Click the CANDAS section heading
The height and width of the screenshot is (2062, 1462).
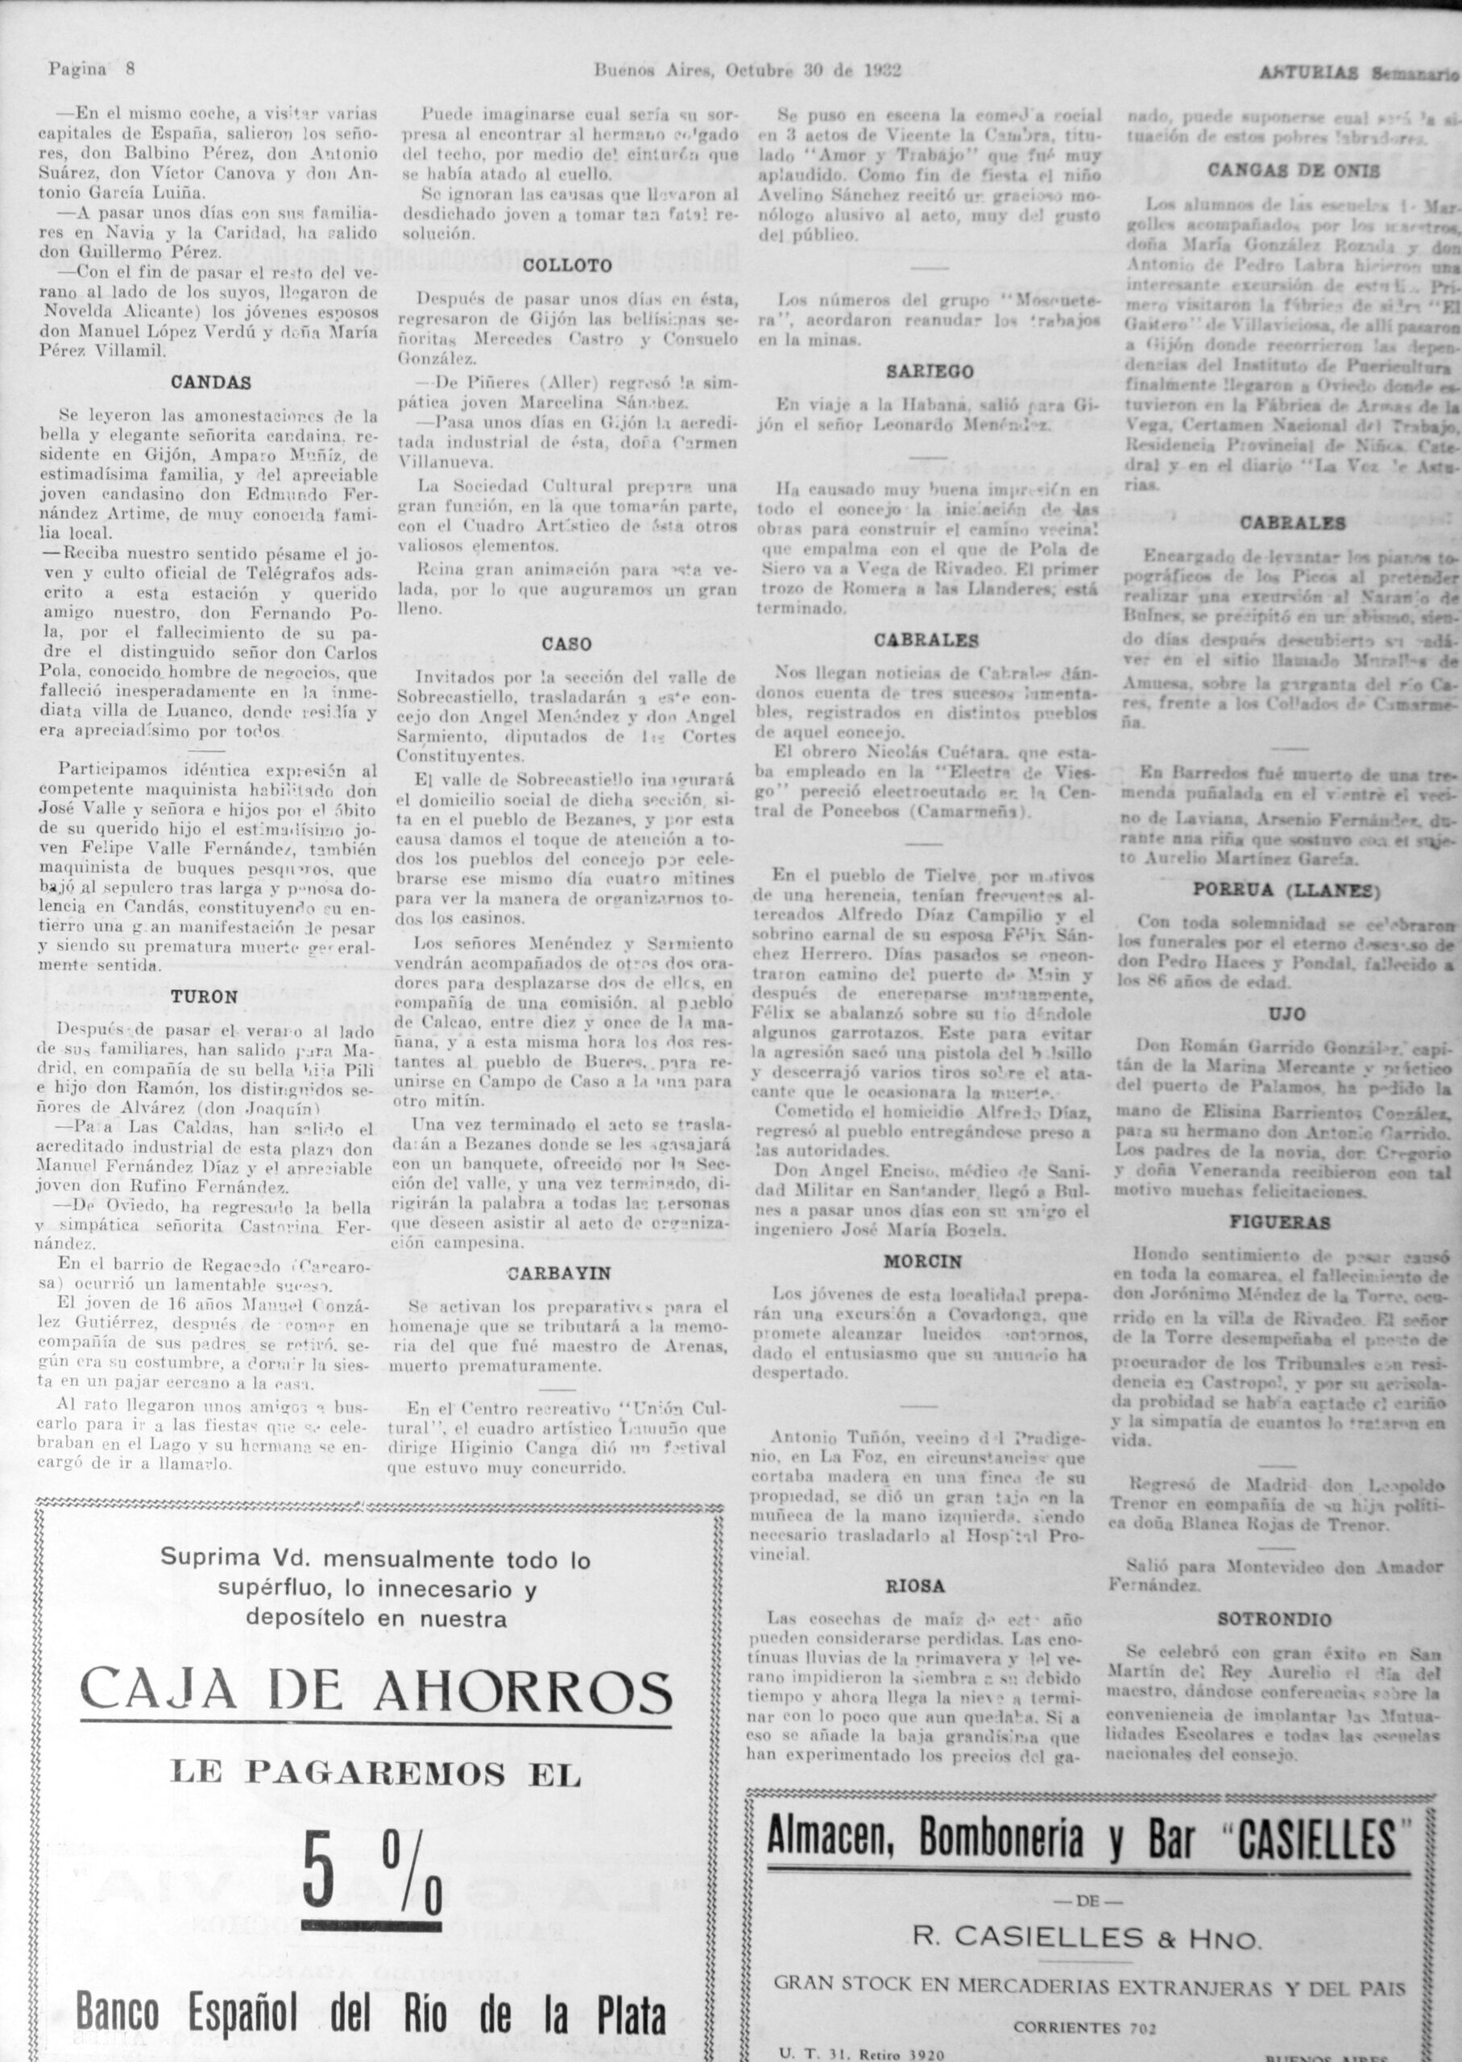211,382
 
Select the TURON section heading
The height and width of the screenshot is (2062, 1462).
205,996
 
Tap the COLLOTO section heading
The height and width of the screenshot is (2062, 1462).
567,266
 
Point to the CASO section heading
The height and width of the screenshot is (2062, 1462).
566,644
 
